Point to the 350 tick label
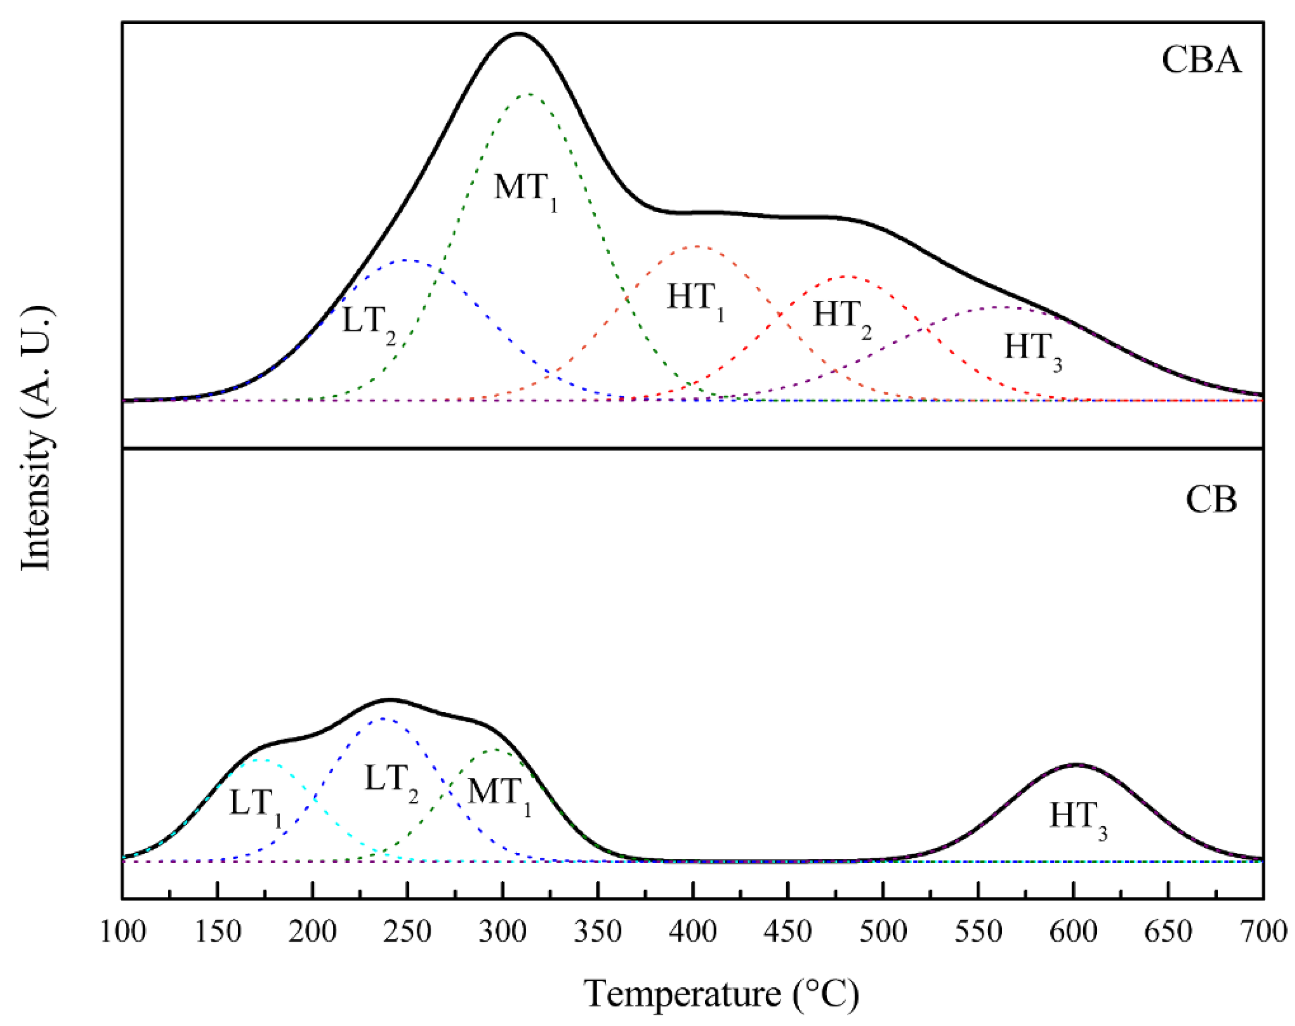[598, 932]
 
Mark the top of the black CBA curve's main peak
[518, 34]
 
